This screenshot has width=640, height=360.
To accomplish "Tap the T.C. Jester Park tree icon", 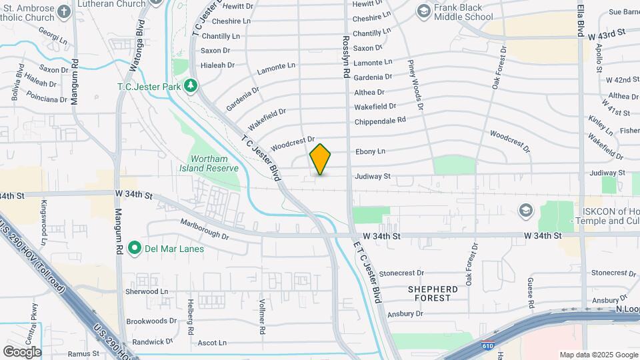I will point(191,85).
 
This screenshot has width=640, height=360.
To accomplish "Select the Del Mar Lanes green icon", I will point(135,249).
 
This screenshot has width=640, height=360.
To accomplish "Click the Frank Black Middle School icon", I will point(423,11).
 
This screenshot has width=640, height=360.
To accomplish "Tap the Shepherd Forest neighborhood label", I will point(433,293).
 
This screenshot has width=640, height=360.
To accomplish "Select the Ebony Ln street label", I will point(371,151).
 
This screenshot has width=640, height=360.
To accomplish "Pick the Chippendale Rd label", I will point(380,121).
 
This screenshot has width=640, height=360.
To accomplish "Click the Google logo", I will point(22,351).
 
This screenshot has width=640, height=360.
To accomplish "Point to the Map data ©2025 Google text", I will point(598,355).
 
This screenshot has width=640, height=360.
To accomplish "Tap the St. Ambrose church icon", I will point(63,11).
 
